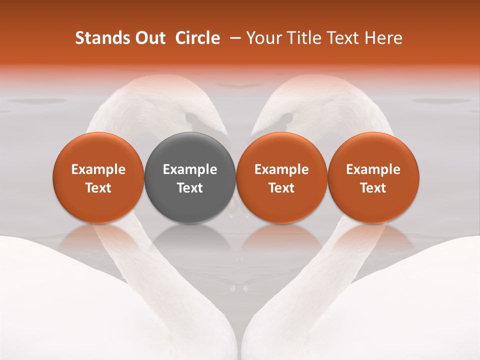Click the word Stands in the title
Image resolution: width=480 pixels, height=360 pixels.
coord(102,38)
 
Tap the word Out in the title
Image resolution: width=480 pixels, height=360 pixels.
coord(149,38)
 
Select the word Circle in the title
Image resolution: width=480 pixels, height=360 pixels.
coord(197,38)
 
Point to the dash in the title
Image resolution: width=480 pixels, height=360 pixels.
coord(233,38)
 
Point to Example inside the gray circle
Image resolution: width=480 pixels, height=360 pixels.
coord(190,169)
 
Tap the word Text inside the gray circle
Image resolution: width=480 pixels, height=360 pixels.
coord(190,188)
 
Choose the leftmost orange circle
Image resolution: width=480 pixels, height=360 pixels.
coord(98,177)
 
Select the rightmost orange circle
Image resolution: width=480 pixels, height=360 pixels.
coord(373,177)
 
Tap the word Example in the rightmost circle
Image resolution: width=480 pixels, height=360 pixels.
coord(373,169)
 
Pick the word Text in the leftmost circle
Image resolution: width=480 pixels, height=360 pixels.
coord(98,188)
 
